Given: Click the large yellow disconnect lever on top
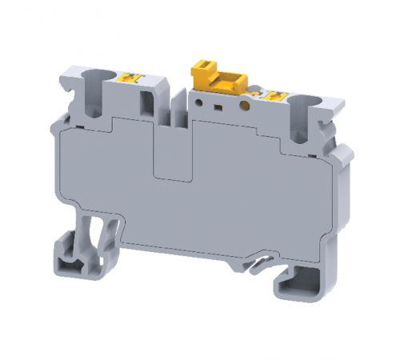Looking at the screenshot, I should (x=216, y=78).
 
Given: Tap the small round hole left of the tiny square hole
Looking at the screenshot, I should (x=202, y=102).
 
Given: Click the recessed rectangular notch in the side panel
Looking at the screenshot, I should (x=173, y=156).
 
